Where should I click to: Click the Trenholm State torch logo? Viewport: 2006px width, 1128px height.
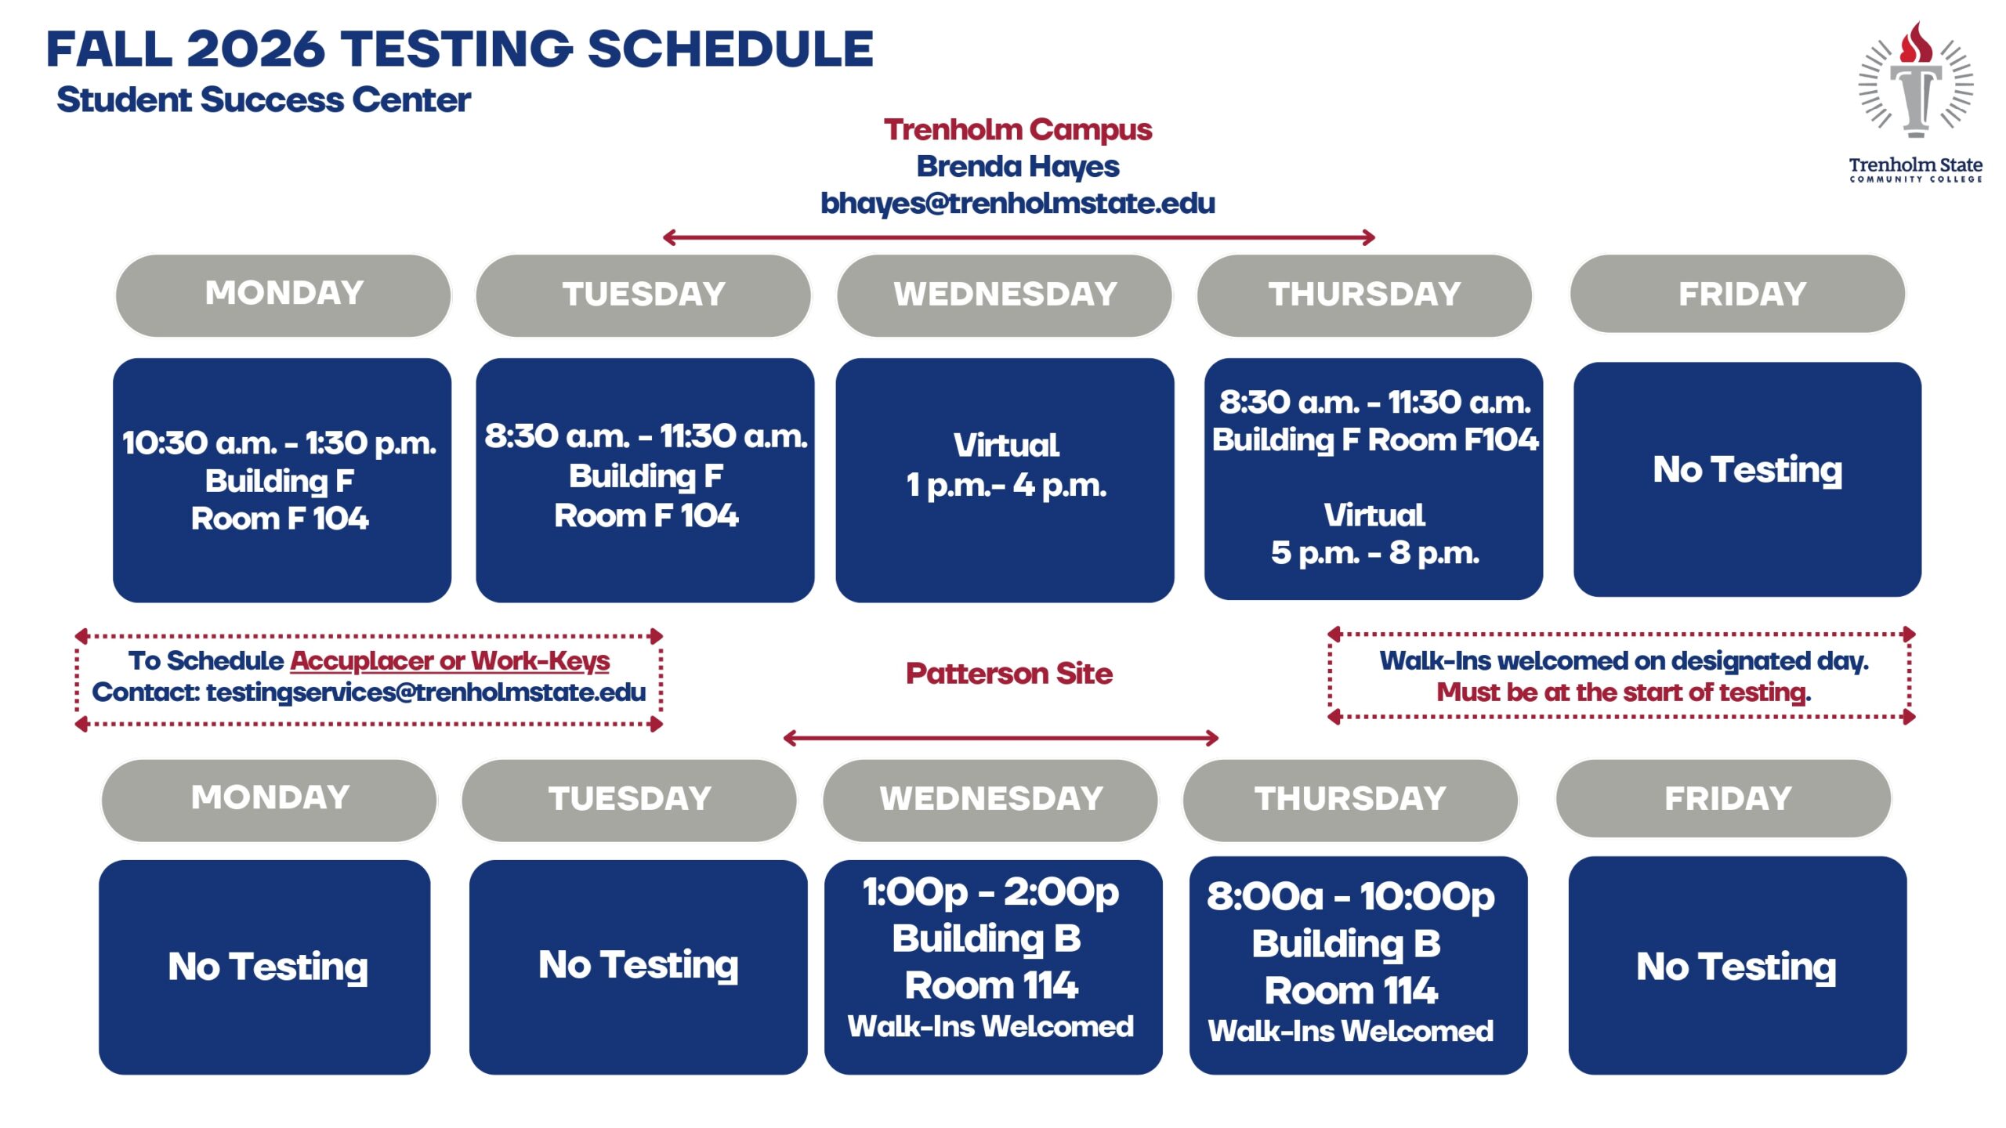(x=1916, y=102)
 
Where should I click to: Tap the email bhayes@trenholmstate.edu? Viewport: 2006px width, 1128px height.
(x=1018, y=204)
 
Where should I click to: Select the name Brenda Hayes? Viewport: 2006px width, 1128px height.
(x=1018, y=166)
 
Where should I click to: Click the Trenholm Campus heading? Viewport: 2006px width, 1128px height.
(x=1018, y=130)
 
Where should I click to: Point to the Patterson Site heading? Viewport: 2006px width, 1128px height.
(x=1009, y=674)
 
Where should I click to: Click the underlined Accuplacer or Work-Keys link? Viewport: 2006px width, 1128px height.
(x=450, y=661)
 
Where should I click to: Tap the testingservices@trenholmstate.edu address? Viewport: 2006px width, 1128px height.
(x=426, y=692)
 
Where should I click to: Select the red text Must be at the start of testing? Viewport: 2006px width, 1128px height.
(x=1624, y=692)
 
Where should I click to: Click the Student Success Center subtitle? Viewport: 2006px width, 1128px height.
(x=263, y=100)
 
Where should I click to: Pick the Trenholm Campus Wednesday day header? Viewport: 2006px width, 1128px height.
(x=1005, y=295)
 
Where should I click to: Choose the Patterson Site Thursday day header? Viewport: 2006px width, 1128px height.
(x=1350, y=800)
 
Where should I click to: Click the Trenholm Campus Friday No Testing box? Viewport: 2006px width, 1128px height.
(x=1747, y=479)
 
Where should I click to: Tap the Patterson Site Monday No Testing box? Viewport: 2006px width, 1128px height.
(x=265, y=967)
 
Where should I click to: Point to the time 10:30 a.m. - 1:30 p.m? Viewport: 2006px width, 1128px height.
(x=279, y=443)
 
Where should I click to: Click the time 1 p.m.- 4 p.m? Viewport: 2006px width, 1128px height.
(x=1006, y=486)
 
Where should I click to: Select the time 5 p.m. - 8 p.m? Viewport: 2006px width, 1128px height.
(x=1374, y=553)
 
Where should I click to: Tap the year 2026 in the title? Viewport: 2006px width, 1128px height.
(x=256, y=49)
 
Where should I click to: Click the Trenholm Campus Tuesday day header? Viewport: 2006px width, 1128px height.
(x=644, y=295)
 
